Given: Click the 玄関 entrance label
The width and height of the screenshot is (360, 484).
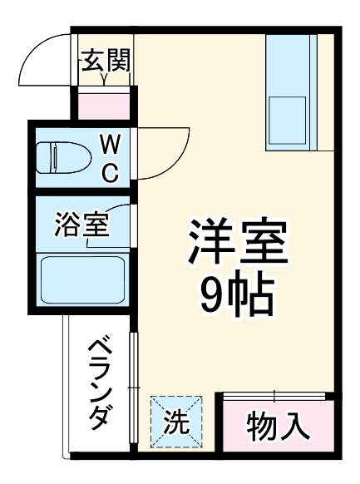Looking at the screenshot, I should click(x=105, y=61).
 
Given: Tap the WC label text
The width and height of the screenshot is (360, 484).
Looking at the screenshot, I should click(x=110, y=158).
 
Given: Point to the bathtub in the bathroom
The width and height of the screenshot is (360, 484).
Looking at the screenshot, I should click(x=82, y=279).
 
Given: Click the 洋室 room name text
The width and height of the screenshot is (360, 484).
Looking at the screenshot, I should click(x=238, y=242).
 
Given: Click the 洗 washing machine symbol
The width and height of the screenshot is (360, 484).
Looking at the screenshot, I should click(x=175, y=421).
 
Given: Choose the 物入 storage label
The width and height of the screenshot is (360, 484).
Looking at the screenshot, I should click(x=279, y=427).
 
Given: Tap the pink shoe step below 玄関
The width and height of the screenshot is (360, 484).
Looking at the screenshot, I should click(x=105, y=105).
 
